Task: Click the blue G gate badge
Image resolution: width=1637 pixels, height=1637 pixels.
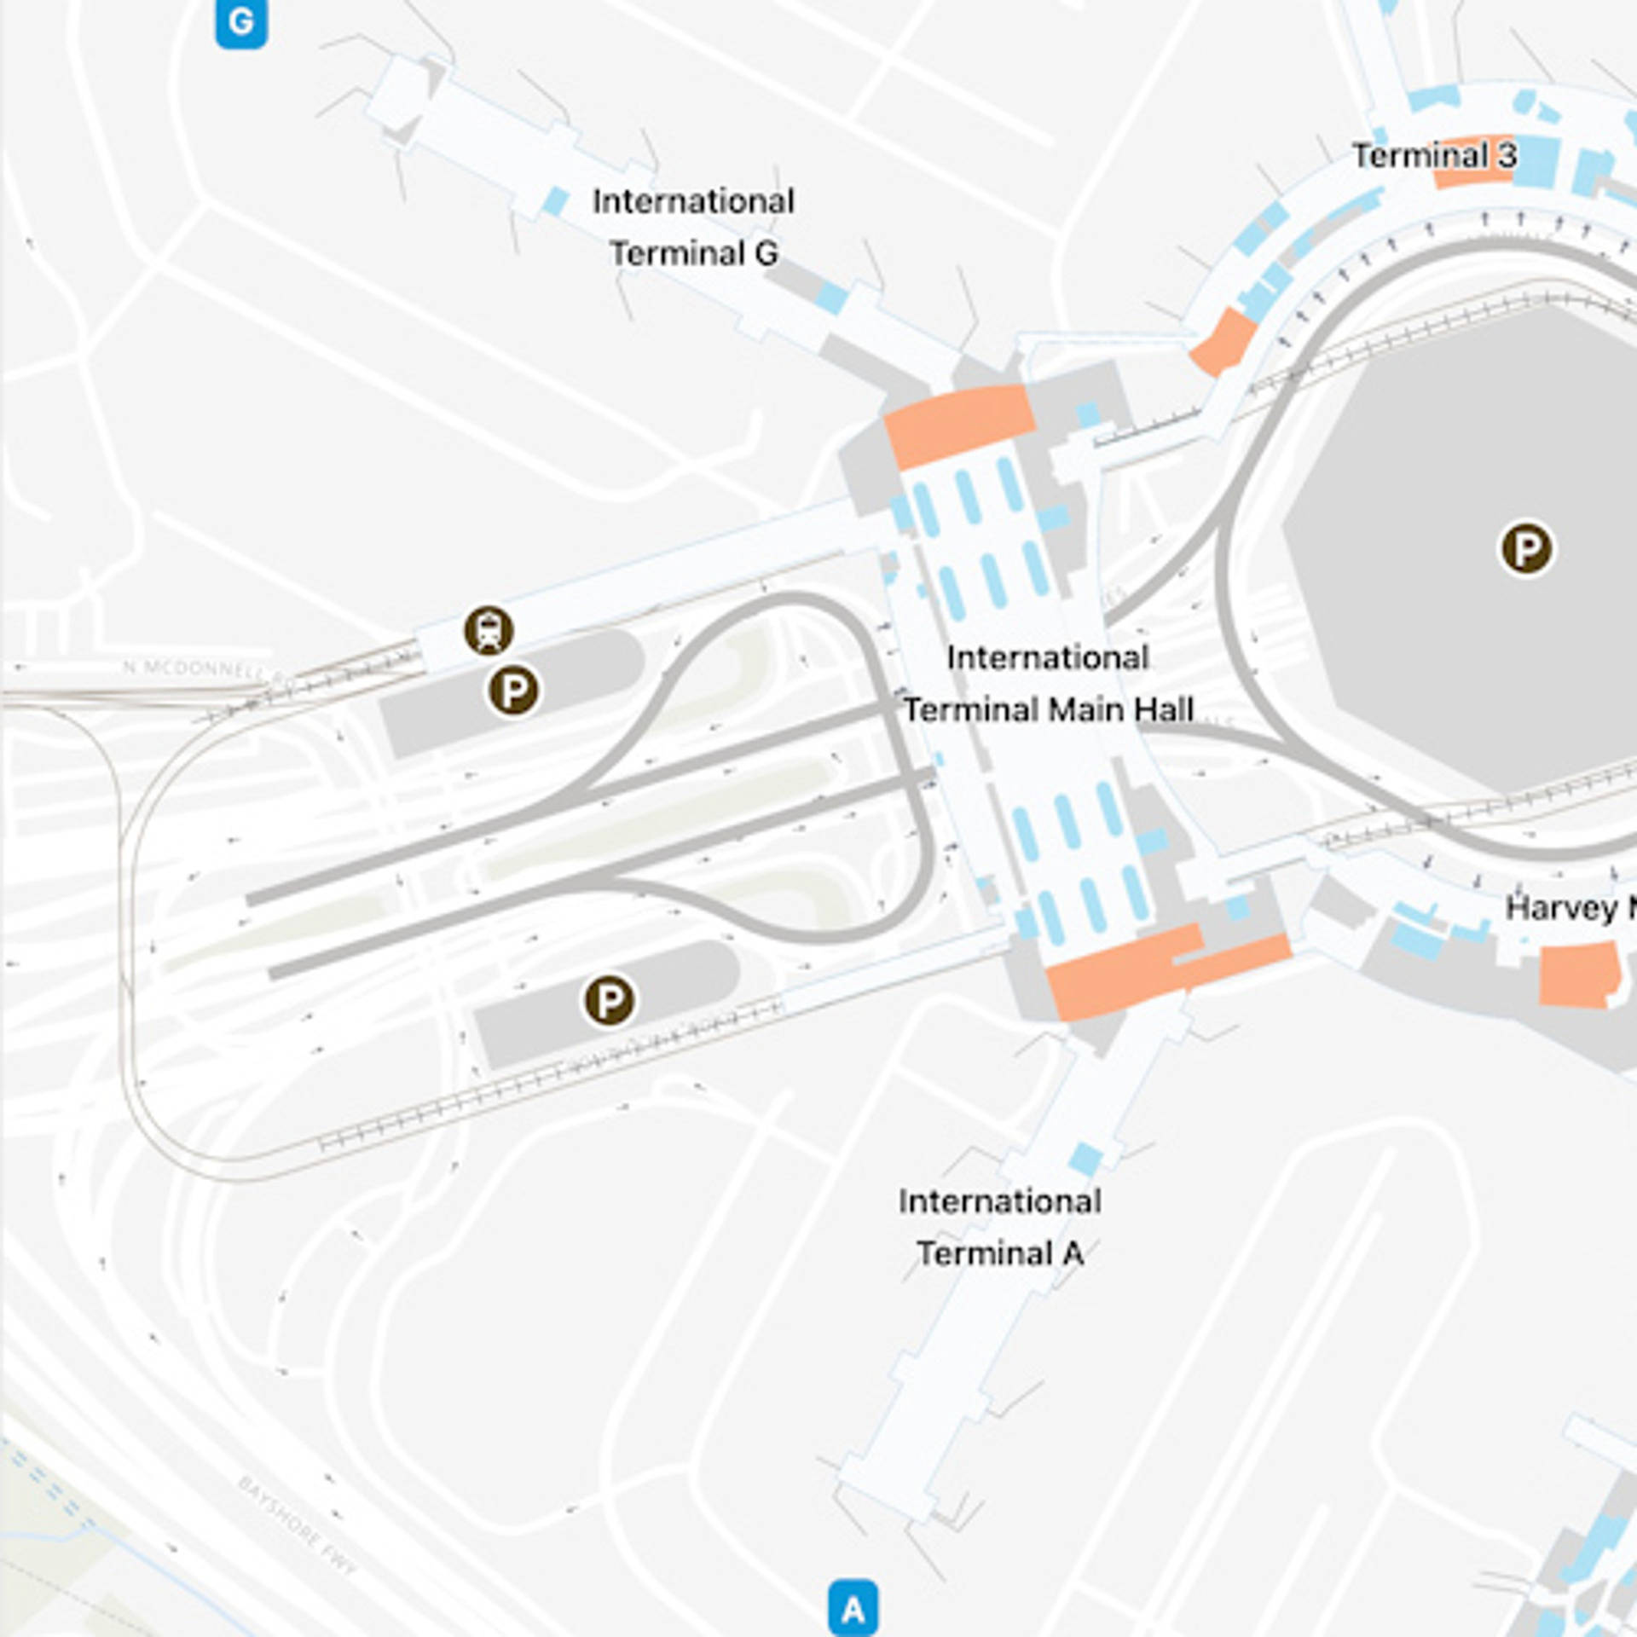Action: click(x=241, y=22)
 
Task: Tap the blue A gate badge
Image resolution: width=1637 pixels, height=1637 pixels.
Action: click(x=853, y=1608)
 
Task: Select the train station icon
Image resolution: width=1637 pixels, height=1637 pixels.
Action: click(x=489, y=631)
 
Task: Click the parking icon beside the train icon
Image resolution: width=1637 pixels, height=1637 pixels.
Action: click(x=513, y=690)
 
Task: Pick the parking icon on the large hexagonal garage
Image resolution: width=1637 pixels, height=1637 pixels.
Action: click(x=1526, y=548)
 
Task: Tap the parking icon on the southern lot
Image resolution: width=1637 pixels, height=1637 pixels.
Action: click(x=609, y=1000)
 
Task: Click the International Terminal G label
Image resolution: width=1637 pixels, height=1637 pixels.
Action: click(x=693, y=227)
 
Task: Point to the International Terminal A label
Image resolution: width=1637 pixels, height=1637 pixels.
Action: click(x=999, y=1227)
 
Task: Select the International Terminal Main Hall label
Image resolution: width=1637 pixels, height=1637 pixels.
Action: click(x=1048, y=683)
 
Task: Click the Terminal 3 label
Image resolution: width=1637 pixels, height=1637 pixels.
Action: click(x=1434, y=156)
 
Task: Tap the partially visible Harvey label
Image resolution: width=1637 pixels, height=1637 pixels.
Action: click(x=1569, y=907)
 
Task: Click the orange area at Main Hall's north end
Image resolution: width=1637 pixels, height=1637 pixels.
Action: click(x=959, y=424)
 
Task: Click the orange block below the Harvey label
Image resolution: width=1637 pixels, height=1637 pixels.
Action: click(x=1577, y=975)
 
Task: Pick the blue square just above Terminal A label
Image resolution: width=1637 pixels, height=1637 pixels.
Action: click(x=1085, y=1159)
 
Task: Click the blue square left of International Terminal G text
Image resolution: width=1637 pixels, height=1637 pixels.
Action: click(x=556, y=201)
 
